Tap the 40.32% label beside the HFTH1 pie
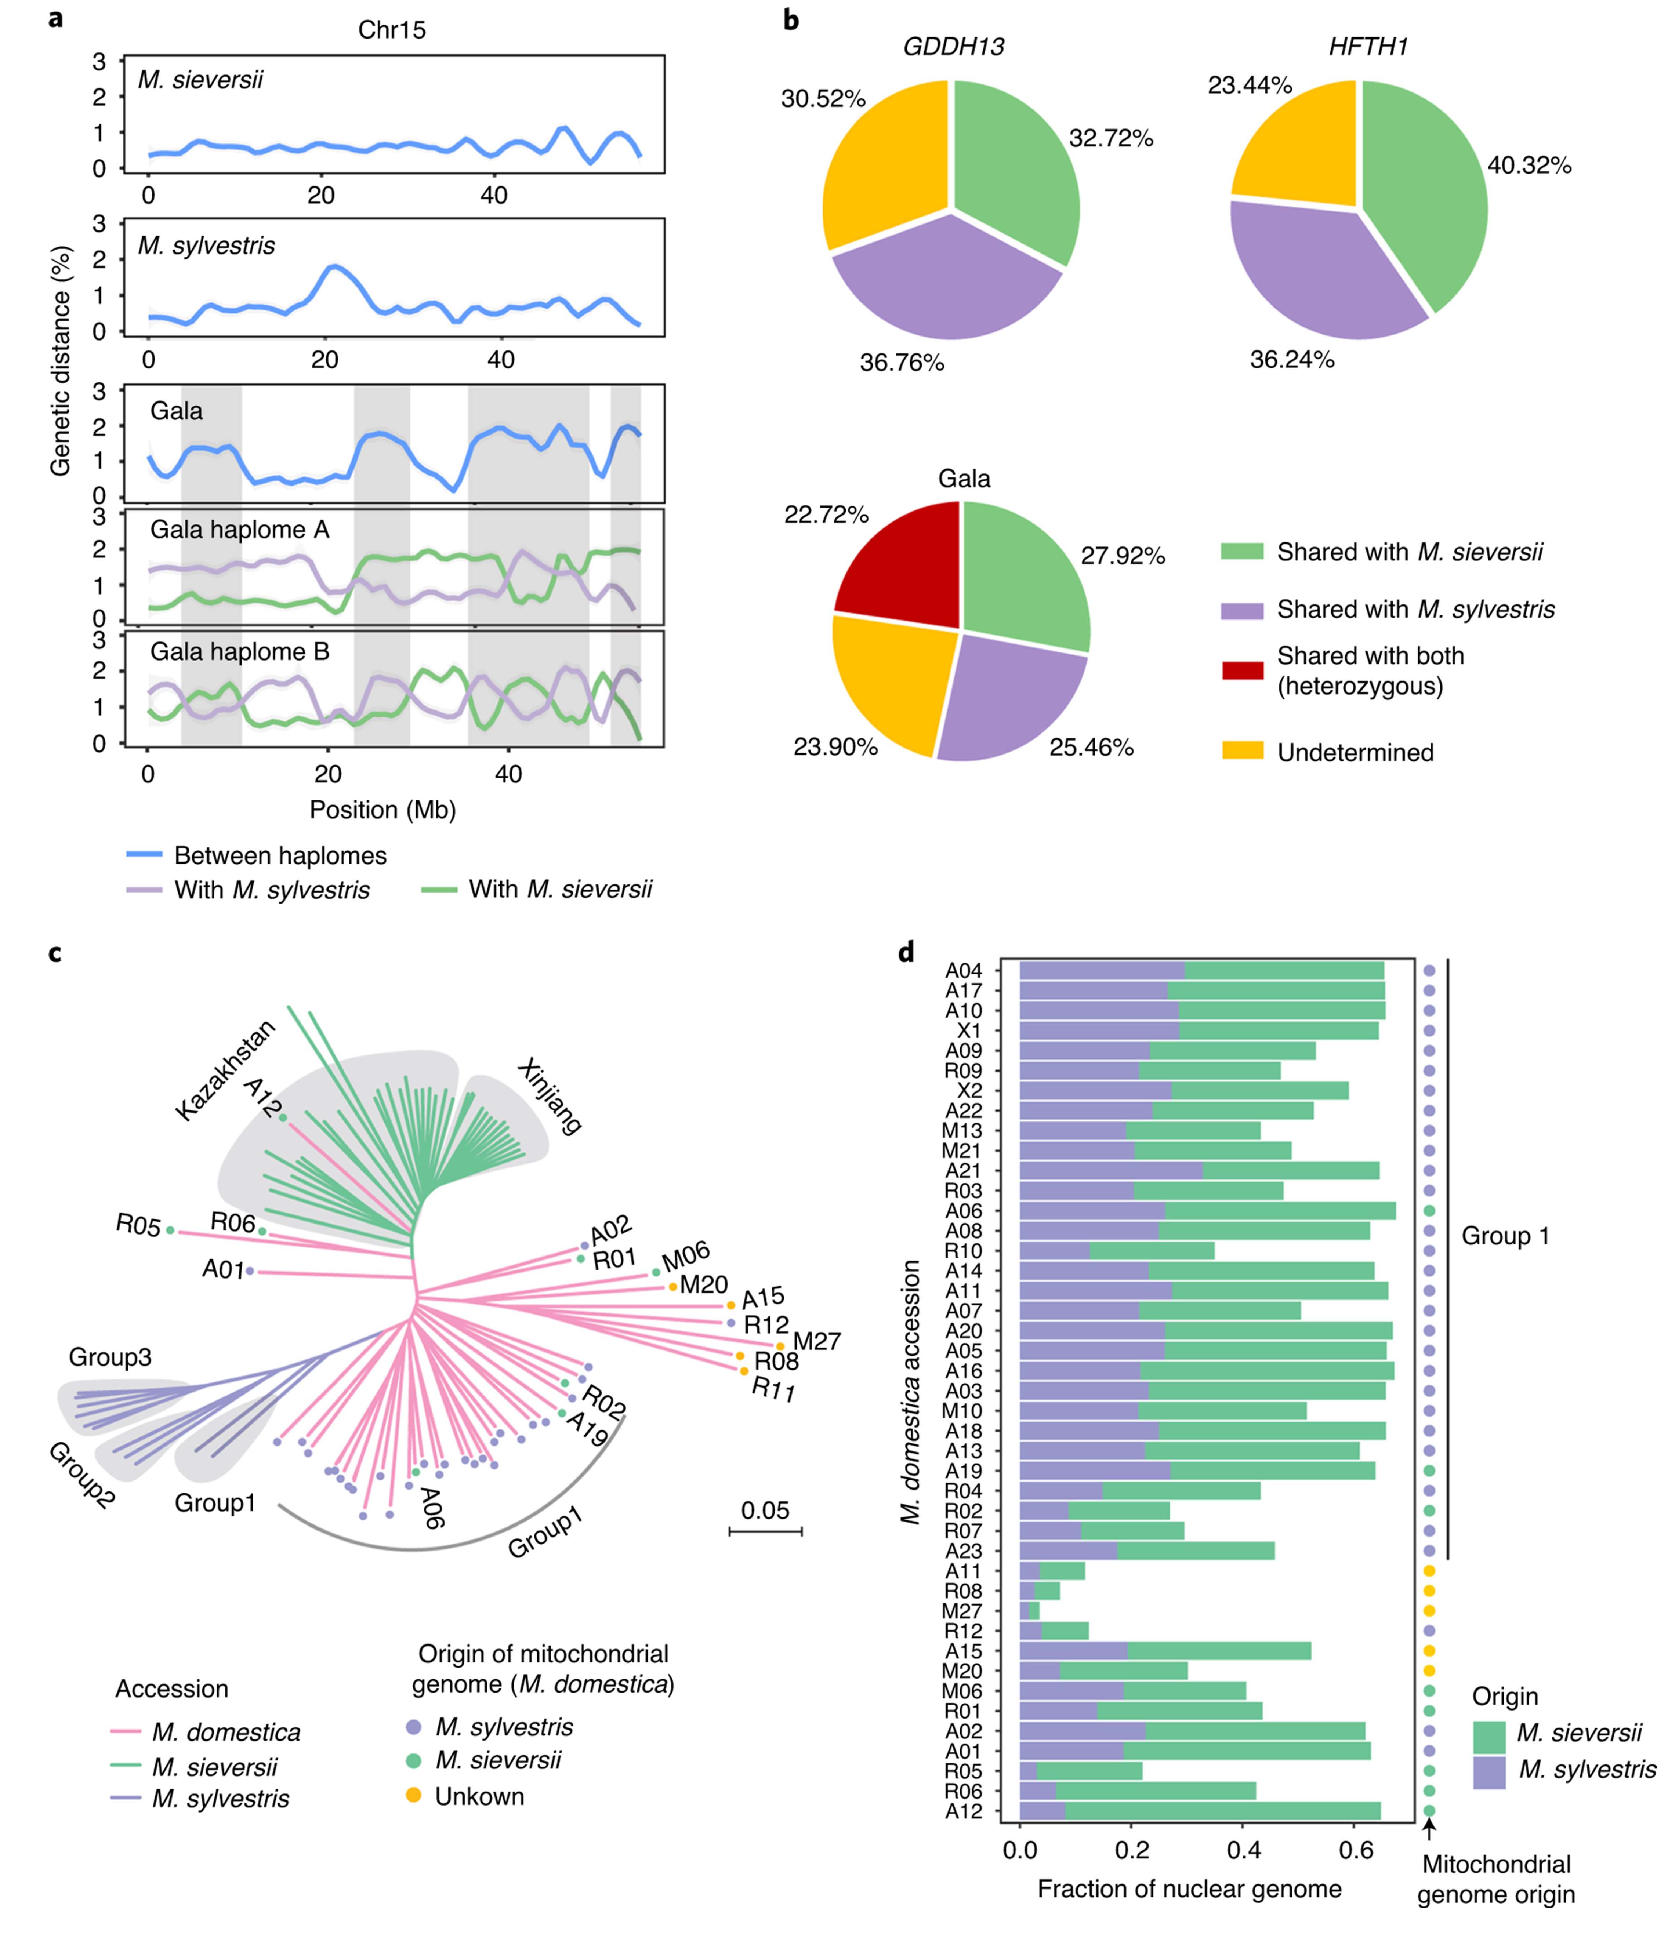pos(1529,166)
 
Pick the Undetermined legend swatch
pos(1242,750)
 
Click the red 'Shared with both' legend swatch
pos(1242,670)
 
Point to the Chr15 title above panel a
pos(392,31)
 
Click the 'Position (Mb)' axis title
pos(383,809)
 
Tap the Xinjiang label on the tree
pos(551,1096)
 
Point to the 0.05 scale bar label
pos(765,1509)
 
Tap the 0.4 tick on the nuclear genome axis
pos(1244,1851)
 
